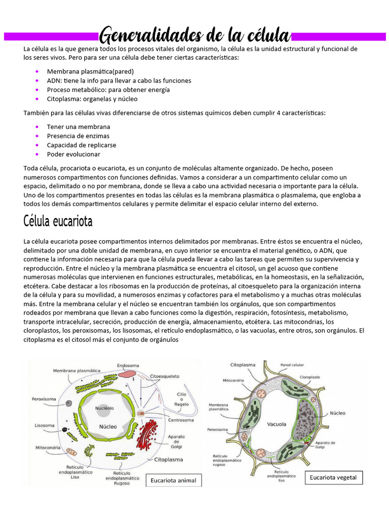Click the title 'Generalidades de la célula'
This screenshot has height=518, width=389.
click(x=194, y=35)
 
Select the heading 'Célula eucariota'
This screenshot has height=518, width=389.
click(x=58, y=222)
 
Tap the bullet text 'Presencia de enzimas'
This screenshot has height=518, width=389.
click(x=78, y=136)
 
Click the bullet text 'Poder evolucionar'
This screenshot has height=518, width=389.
click(x=73, y=154)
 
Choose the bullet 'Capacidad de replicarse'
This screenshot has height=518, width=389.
click(x=82, y=145)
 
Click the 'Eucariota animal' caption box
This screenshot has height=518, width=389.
click(x=174, y=480)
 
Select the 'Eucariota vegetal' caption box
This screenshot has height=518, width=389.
click(x=333, y=477)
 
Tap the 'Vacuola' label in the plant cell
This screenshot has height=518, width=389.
click(x=277, y=424)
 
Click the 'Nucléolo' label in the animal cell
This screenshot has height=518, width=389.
click(x=105, y=408)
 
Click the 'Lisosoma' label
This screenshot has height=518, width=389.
click(x=45, y=425)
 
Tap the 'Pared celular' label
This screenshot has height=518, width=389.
click(x=292, y=364)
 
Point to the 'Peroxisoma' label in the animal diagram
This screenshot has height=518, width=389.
click(x=44, y=399)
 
